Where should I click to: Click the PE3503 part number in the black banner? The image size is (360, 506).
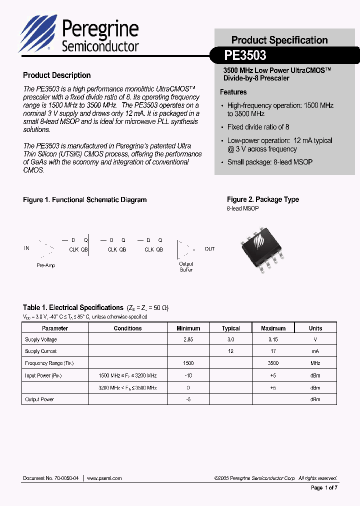pyautogui.click(x=245, y=54)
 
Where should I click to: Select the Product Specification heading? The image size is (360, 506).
pyautogui.click(x=279, y=40)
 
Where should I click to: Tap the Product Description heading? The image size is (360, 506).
pyautogui.click(x=56, y=75)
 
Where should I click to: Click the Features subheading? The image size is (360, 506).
pyautogui.click(x=233, y=92)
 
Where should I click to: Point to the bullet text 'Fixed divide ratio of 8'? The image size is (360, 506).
pyautogui.click(x=258, y=127)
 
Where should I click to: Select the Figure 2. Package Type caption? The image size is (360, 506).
pyautogui.click(x=262, y=199)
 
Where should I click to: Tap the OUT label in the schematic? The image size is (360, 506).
pyautogui.click(x=209, y=248)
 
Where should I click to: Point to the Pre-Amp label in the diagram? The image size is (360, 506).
pyautogui.click(x=46, y=265)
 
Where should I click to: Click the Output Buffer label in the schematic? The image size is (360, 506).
pyautogui.click(x=186, y=266)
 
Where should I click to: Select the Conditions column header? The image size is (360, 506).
pyautogui.click(x=127, y=328)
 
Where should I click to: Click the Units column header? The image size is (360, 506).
pyautogui.click(x=315, y=328)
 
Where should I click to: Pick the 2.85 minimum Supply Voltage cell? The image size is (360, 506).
pyautogui.click(x=188, y=339)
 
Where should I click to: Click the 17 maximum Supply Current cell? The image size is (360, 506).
pyautogui.click(x=273, y=351)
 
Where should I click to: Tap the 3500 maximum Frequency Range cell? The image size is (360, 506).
pyautogui.click(x=273, y=363)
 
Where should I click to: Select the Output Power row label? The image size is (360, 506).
pyautogui.click(x=39, y=399)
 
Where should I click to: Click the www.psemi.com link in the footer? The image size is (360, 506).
pyautogui.click(x=104, y=478)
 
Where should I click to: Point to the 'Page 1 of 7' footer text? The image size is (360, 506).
pyautogui.click(x=324, y=487)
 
